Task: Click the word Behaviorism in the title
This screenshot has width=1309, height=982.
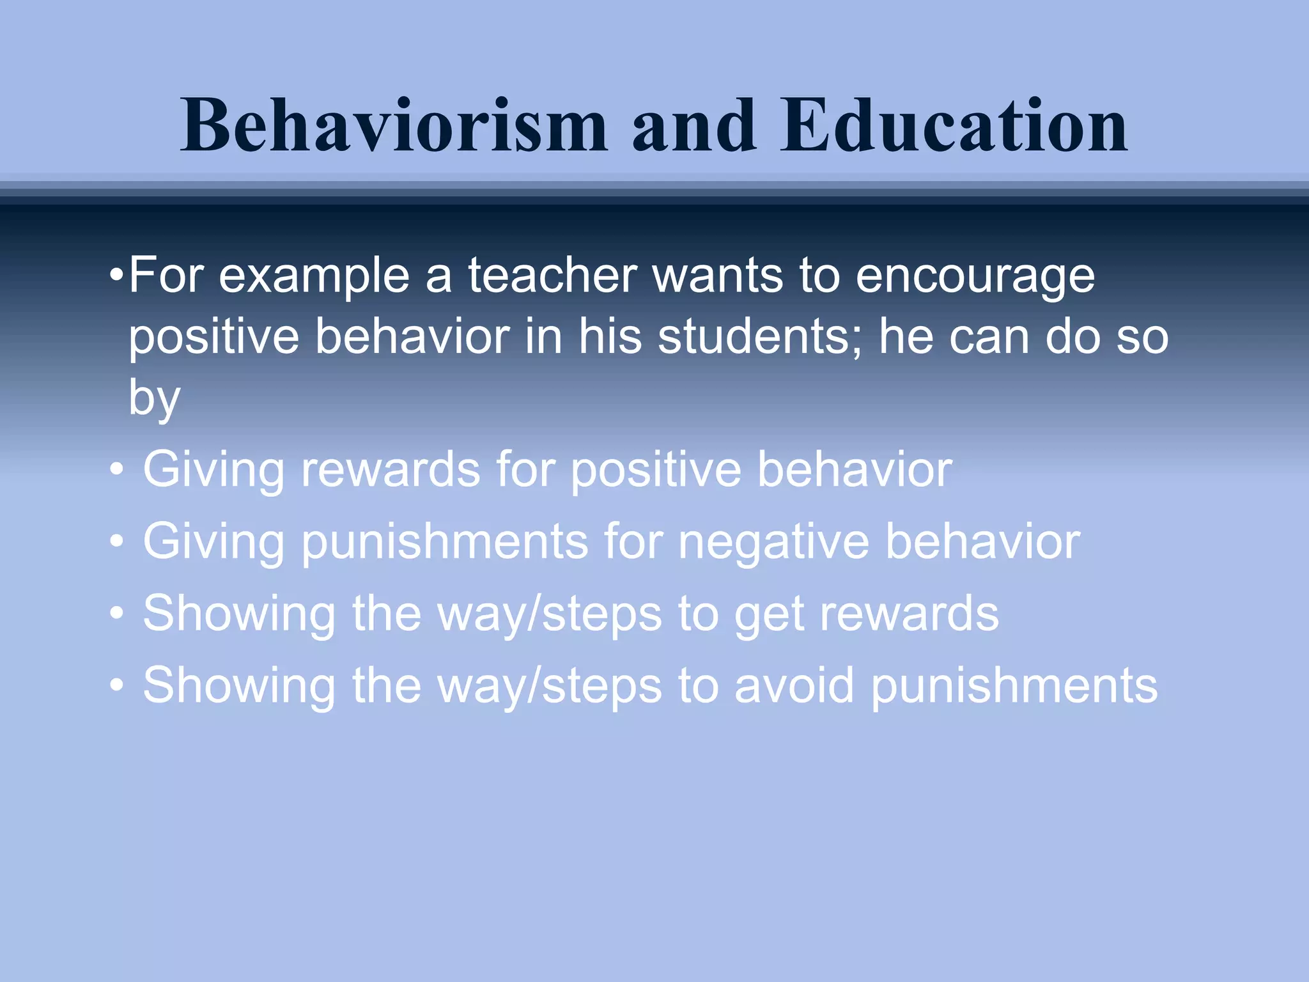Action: [x=393, y=126]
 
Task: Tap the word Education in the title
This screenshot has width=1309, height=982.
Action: [x=954, y=126]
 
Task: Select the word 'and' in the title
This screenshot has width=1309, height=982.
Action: [x=693, y=126]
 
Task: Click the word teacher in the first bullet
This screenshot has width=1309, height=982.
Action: [x=552, y=276]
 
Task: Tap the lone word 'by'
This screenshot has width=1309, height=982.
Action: [x=154, y=399]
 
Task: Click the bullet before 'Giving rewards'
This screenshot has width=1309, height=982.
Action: [x=116, y=471]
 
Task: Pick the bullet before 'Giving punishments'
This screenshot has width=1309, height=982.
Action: [x=116, y=543]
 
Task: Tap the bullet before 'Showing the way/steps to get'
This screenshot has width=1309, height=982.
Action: [x=116, y=614]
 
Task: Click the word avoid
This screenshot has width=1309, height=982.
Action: [x=793, y=685]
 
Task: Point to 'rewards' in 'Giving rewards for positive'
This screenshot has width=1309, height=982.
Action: [x=390, y=469]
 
